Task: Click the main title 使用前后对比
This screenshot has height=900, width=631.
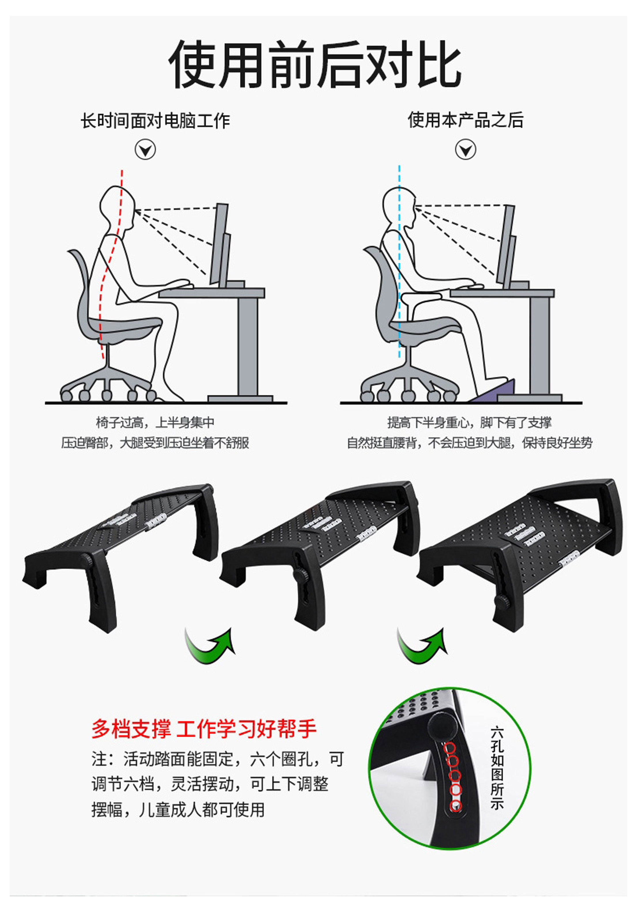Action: click(x=315, y=64)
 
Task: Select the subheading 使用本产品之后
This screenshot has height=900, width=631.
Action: click(x=465, y=120)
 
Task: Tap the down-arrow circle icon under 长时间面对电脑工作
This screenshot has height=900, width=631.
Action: click(x=145, y=150)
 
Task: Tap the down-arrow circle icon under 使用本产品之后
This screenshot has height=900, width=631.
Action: click(x=465, y=150)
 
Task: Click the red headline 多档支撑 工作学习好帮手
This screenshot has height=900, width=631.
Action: click(x=204, y=729)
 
